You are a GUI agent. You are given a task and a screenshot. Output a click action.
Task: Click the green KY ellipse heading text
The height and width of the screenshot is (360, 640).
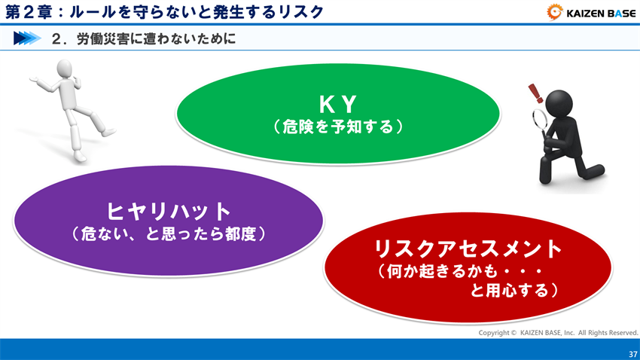pos(337,104)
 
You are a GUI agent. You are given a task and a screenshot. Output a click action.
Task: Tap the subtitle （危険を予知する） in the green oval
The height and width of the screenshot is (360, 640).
pos(337,127)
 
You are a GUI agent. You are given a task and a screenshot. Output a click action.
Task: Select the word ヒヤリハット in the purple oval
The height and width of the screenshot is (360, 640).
pos(167,210)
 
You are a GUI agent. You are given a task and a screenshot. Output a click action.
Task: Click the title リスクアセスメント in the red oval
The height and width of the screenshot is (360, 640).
pos(468,248)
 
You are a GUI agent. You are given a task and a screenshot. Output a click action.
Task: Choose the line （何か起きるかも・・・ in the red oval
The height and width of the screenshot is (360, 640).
pos(459,270)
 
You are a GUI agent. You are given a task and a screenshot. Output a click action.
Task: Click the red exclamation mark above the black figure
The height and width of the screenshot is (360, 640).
pos(535,93)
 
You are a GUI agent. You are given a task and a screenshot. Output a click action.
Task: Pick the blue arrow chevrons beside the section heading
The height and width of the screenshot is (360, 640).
pos(27,38)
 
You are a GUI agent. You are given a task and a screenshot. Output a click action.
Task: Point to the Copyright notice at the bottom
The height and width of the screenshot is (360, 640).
pos(558,332)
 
